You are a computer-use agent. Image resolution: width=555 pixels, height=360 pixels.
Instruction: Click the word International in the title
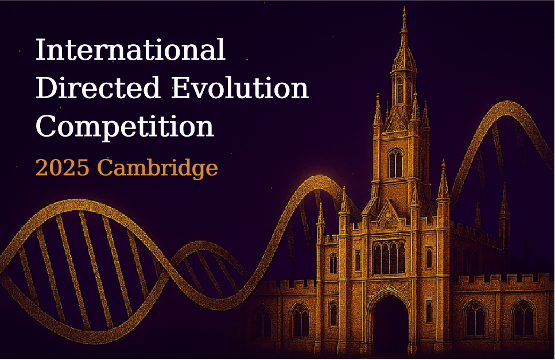point(130,49)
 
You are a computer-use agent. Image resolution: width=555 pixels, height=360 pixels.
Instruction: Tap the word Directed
point(98,88)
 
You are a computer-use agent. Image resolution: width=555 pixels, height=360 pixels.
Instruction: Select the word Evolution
point(240,88)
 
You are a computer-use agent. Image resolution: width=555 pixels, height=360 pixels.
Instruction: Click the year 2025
point(63,168)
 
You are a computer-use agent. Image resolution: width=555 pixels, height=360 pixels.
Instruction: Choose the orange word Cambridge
point(157,168)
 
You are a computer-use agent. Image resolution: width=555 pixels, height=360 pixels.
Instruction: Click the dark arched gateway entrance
point(390,324)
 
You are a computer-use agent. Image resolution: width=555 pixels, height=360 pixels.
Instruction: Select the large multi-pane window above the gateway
point(389,257)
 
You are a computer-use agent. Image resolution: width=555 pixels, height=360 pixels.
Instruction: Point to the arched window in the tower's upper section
point(395,163)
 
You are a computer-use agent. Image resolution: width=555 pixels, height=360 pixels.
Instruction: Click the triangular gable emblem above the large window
point(389,215)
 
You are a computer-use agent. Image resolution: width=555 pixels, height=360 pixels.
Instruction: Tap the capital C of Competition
point(46,126)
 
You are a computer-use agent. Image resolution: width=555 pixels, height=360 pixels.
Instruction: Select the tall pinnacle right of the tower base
point(443,180)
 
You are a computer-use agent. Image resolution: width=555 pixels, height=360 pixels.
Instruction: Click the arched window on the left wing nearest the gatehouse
point(300,320)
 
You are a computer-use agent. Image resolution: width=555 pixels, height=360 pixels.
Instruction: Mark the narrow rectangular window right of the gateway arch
point(429,311)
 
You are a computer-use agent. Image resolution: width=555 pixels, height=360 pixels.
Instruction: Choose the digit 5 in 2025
point(83,168)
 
